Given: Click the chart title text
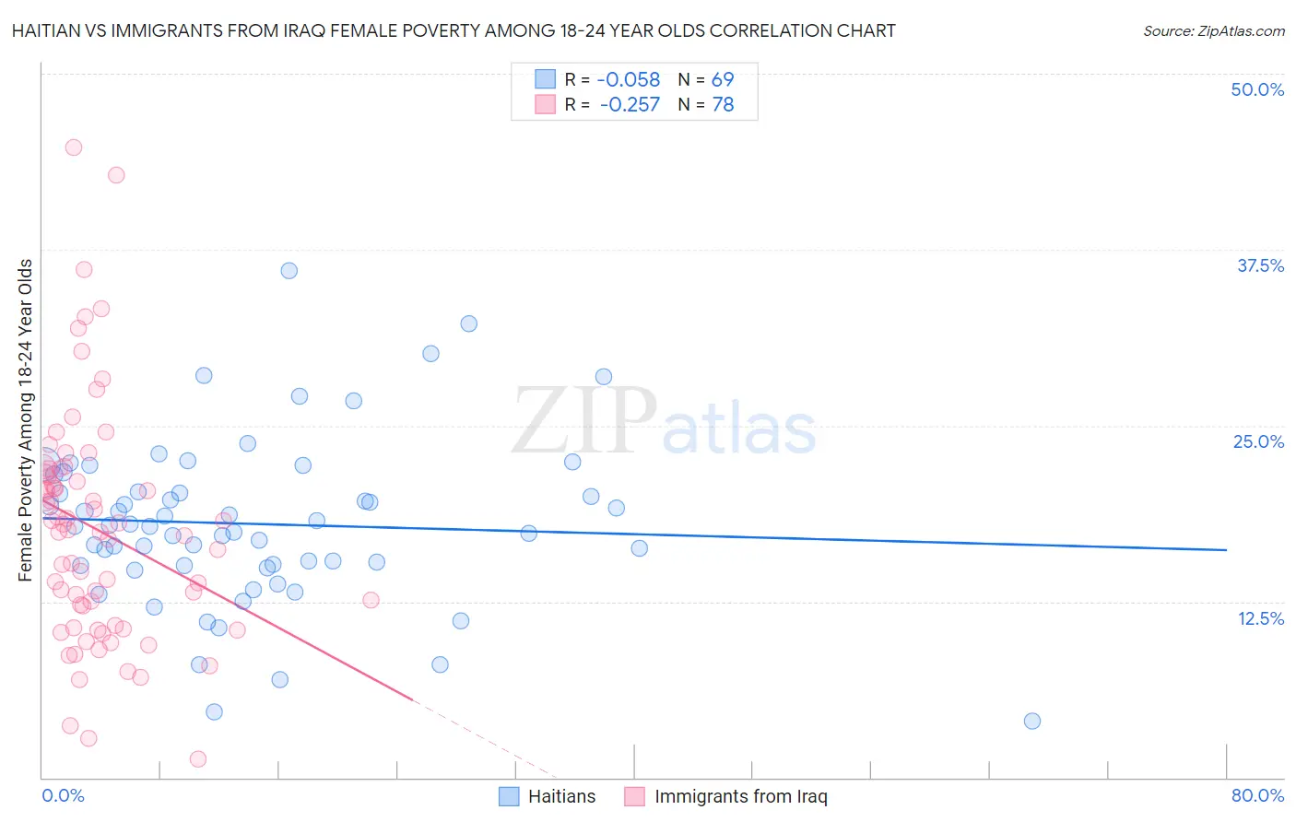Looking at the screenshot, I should (x=453, y=30).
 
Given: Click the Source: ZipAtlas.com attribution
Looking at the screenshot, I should (x=1213, y=30).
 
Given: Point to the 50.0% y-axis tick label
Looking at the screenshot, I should (x=1257, y=89).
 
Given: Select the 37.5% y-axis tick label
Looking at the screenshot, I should (x=1259, y=265).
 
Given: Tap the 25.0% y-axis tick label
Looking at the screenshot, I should (x=1257, y=441).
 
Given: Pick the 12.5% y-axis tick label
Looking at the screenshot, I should (x=1259, y=618).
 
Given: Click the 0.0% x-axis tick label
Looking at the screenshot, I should (x=63, y=795).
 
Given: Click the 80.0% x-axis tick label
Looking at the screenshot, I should (x=1257, y=795).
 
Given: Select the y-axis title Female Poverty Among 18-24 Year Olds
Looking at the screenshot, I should (x=26, y=420).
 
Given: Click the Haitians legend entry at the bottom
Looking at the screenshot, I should (x=548, y=796).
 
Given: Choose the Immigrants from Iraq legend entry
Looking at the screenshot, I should (x=726, y=796).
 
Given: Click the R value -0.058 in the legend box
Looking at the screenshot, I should (x=629, y=79).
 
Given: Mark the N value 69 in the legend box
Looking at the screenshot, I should (x=723, y=79).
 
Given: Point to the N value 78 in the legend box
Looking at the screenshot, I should (x=723, y=105).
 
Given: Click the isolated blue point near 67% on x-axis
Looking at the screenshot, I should (x=1032, y=721).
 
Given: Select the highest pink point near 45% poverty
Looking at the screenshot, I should (x=74, y=147).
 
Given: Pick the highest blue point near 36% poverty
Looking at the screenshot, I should (x=289, y=270).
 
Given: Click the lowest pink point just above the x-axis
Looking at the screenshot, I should (x=198, y=758).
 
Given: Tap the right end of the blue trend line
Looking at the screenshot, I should (x=1226, y=549).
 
